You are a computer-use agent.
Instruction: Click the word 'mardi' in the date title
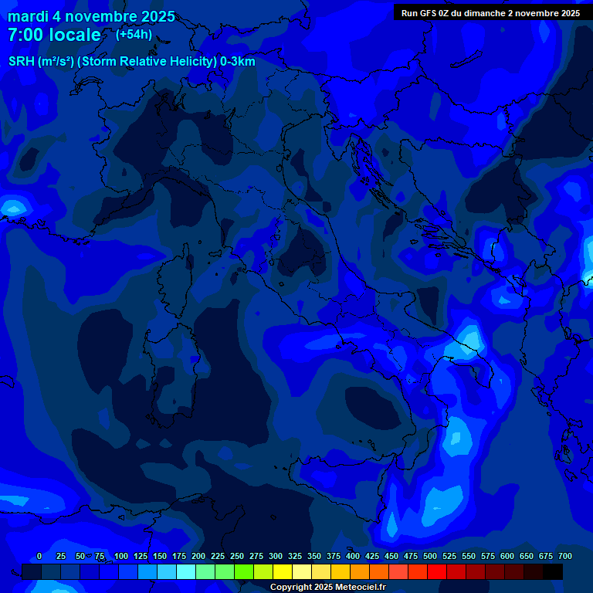pyautogui.click(x=29, y=16)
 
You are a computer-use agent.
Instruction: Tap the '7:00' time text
pyautogui.click(x=25, y=35)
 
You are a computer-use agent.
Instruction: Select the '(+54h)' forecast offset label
pyautogui.click(x=134, y=35)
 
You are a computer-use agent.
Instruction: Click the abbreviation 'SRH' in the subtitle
pyautogui.click(x=22, y=62)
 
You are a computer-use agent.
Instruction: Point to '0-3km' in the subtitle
pyautogui.click(x=236, y=62)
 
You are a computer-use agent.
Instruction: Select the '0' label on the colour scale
pyautogui.click(x=39, y=556)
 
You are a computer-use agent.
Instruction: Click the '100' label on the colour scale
pyautogui.click(x=121, y=556)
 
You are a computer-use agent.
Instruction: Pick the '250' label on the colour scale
pyautogui.click(x=237, y=556)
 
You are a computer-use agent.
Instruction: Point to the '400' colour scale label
pyautogui.click(x=353, y=556)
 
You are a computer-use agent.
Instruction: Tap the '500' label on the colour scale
pyautogui.click(x=430, y=556)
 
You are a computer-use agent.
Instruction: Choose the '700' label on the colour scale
pyautogui.click(x=565, y=556)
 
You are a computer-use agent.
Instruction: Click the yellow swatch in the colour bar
pyautogui.click(x=283, y=571)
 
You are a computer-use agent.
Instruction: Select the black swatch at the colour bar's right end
pyautogui.click(x=553, y=571)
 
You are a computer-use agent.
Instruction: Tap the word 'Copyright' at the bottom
pyautogui.click(x=291, y=587)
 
